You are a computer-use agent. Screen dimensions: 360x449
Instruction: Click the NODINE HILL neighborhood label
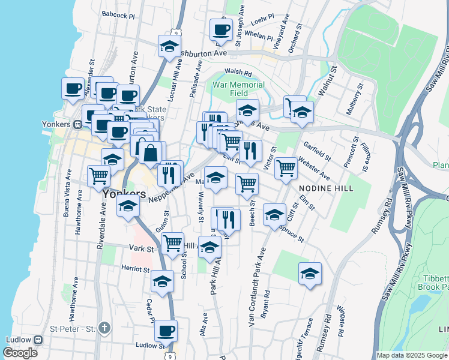(x=325, y=188)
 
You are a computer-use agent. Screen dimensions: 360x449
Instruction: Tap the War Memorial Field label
(x=238, y=89)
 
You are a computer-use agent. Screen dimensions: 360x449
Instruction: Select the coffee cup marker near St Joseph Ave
(x=220, y=31)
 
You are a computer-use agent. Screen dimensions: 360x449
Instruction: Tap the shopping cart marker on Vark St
(x=172, y=244)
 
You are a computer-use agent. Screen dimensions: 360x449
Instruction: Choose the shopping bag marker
(x=151, y=153)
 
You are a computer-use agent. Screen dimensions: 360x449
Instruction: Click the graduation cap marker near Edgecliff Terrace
(x=310, y=274)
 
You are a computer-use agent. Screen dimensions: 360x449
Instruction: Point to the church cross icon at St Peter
(x=105, y=328)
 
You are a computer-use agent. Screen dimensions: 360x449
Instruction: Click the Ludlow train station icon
(x=38, y=340)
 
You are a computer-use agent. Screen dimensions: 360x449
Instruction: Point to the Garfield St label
(x=317, y=151)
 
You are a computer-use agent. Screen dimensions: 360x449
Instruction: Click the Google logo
(x=20, y=353)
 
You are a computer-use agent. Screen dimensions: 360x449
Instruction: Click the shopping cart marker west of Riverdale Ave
(x=98, y=176)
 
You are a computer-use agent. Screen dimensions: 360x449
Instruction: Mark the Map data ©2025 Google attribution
(x=412, y=355)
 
